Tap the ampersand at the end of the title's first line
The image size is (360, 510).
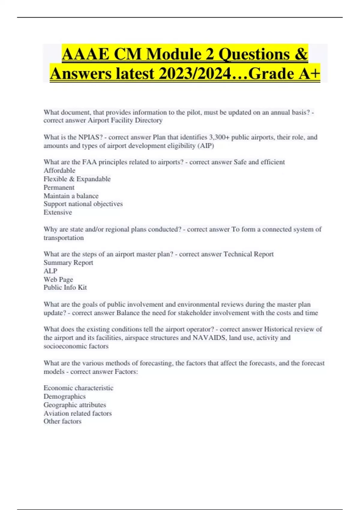[x=301, y=54]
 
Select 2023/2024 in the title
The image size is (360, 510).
[x=195, y=74]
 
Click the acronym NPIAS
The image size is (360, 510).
[x=90, y=137]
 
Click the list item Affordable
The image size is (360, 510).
[x=59, y=171]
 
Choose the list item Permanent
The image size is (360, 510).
[x=59, y=187]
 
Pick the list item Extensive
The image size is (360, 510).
[x=58, y=212]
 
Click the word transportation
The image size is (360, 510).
[x=64, y=238]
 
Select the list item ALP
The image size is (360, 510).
[x=50, y=271]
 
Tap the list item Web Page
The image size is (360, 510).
[x=58, y=280]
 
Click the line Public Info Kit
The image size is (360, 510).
[x=65, y=287]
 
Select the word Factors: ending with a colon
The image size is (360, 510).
[x=126, y=372]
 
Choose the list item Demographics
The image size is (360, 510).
[x=64, y=397]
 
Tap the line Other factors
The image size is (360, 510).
[x=62, y=421]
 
